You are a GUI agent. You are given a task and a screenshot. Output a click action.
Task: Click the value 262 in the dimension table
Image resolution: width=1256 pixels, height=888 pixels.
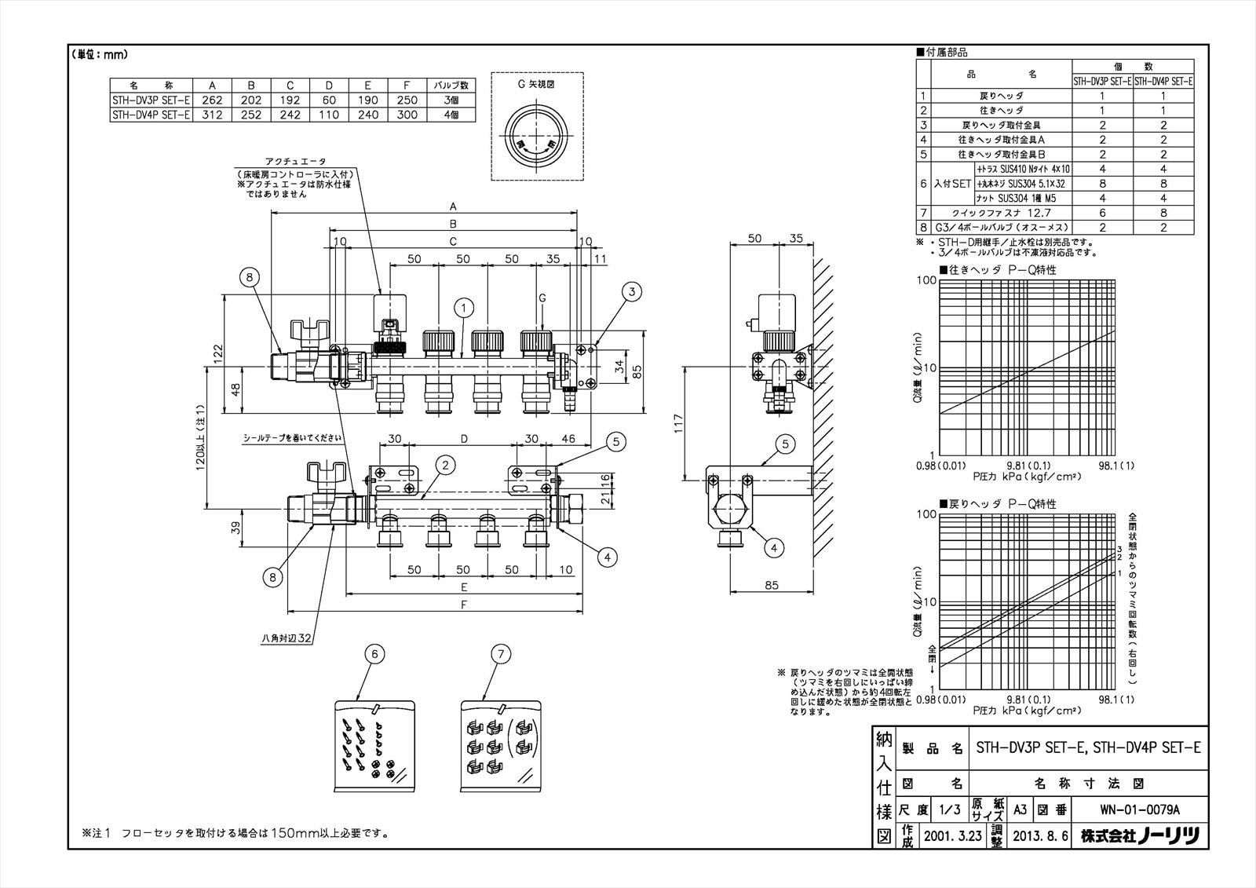[x=212, y=100]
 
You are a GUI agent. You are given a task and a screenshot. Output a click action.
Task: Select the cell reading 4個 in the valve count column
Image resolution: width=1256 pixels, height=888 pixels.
[x=451, y=115]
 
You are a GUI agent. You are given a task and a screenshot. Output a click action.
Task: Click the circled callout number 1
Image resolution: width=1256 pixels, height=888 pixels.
[x=464, y=307]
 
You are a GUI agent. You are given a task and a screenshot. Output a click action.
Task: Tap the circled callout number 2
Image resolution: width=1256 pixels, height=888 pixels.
[x=445, y=466]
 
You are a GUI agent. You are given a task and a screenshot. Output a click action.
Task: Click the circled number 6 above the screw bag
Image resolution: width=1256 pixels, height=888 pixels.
[x=374, y=653]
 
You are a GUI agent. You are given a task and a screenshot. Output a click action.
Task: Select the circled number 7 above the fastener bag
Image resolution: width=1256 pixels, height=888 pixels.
[x=500, y=653]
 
